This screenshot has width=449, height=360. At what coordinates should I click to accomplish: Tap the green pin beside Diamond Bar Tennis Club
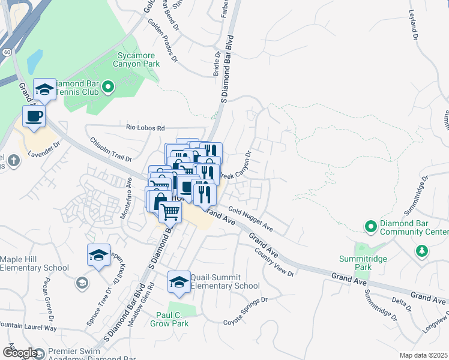tap(108, 88)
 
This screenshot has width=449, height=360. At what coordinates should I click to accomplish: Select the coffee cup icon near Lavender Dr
tap(34, 116)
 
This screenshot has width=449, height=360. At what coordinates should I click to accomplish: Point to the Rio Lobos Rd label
tap(145, 128)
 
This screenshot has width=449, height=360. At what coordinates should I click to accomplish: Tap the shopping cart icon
tap(170, 211)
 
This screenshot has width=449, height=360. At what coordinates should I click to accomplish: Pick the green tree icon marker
tap(422, 251)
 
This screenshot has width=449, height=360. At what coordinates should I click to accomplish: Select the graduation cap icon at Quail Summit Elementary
tap(178, 281)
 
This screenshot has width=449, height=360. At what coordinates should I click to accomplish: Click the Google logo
tap(19, 353)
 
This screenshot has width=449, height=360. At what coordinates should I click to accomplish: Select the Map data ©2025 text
tap(423, 355)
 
